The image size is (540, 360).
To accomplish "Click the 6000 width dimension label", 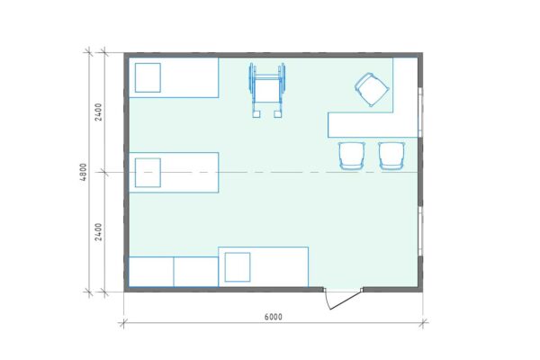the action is [273, 317].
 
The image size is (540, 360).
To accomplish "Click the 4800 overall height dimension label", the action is [84, 172].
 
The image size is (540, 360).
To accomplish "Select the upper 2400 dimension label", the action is [98, 112].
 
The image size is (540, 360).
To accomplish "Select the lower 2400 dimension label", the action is [98, 232].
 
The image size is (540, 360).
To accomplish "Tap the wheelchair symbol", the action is [267, 90].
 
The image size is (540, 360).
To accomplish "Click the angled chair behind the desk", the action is [373, 90].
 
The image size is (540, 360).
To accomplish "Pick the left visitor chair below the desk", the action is [352, 156].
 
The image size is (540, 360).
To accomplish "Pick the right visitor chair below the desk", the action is [391, 156].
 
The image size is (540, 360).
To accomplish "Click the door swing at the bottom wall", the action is [342, 299].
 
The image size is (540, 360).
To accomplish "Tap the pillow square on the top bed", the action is [148, 77].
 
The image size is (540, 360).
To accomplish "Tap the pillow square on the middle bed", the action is [148, 173].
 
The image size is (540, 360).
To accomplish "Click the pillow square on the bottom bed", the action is [238, 267].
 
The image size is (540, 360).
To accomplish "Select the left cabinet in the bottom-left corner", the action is [151, 272].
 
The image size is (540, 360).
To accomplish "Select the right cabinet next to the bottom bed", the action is [196, 272].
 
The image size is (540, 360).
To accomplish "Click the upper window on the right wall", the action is [420, 112].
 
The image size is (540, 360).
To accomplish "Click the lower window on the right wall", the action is [420, 231].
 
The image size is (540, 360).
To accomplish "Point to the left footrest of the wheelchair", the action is [256, 114].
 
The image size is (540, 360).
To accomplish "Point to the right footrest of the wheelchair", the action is [278, 114].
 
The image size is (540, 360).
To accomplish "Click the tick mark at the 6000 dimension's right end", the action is [423, 323].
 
